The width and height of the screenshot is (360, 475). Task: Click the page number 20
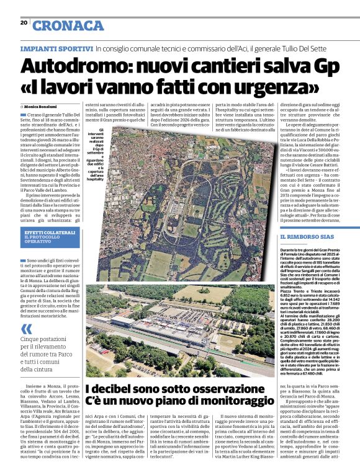tap(24, 22)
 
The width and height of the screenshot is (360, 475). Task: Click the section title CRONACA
tap(68, 25)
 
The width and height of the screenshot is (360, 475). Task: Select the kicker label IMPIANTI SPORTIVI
tap(56, 48)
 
